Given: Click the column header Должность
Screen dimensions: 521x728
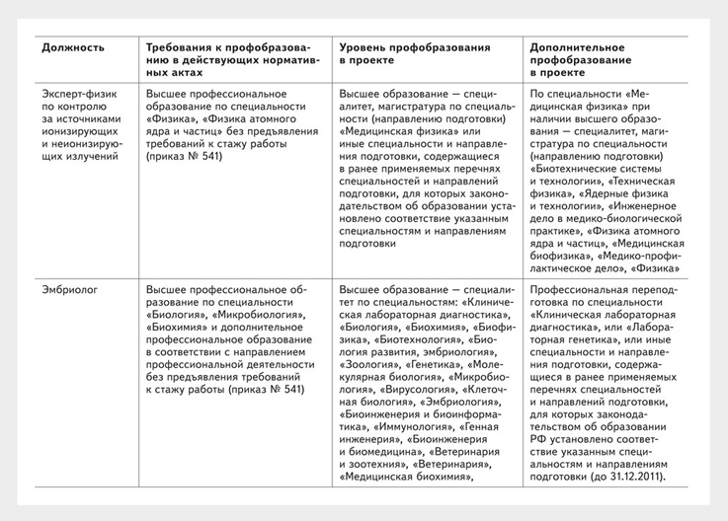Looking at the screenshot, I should click(x=73, y=47).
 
